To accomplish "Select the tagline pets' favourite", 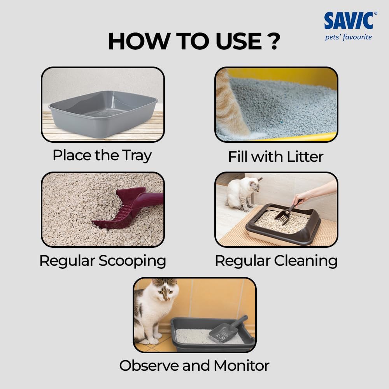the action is pos(348,37).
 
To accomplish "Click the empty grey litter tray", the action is pos(103,113).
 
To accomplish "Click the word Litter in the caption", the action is pos(305,156).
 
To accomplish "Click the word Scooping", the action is pos(132,261).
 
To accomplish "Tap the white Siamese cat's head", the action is pos(255,184).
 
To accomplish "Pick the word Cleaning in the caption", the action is pos(306,261).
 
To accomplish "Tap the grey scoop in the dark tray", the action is pos(228,329).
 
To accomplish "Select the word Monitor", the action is pos(242,366).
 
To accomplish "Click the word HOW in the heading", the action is pos(139,41).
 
